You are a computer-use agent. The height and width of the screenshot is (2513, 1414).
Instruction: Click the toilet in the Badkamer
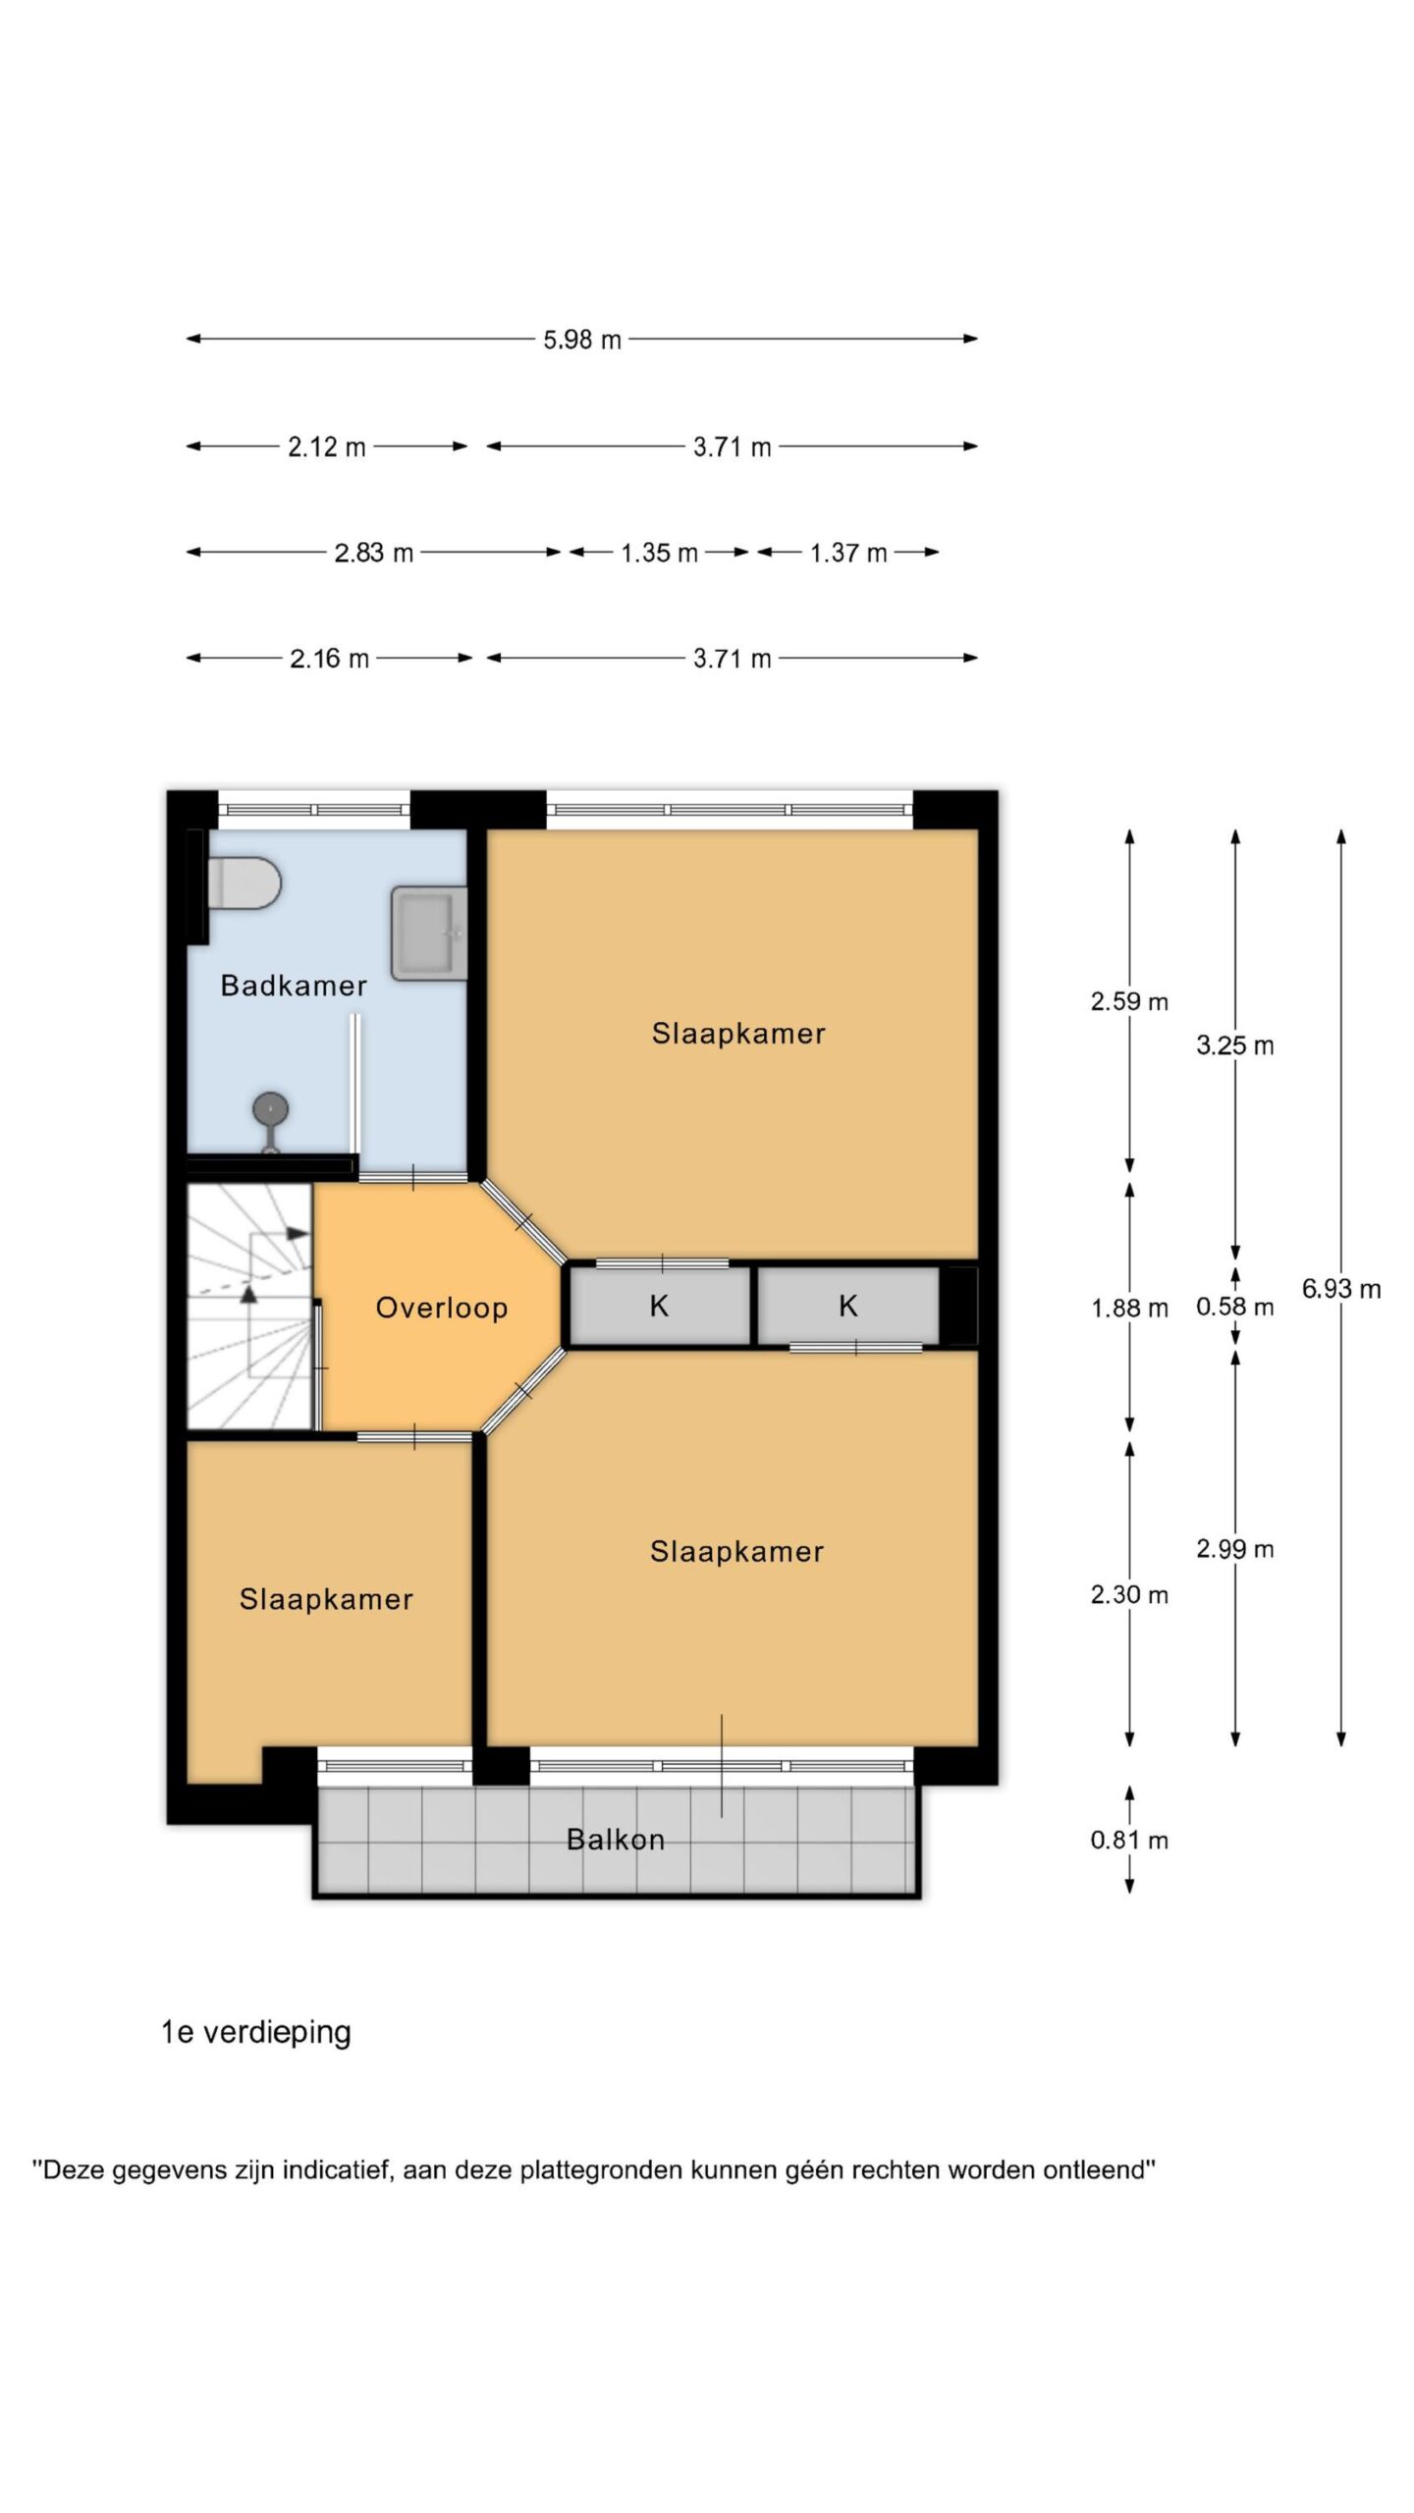pos(245,883)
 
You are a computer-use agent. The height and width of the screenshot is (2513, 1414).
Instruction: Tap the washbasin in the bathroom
pos(429,934)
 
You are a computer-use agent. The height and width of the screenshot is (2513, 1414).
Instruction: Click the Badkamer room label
pos(294,986)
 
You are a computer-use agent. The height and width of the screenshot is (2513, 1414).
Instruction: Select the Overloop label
pos(442,1308)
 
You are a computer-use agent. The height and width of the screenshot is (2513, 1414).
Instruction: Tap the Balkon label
pos(616,1840)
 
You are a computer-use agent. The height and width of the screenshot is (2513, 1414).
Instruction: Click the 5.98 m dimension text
pos(582,340)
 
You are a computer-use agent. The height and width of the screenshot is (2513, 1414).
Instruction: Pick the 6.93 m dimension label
pos(1341,1289)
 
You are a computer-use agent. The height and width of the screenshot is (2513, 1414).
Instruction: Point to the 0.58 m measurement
pos(1235,1307)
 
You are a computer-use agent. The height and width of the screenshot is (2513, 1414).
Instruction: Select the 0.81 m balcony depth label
pos(1129,1840)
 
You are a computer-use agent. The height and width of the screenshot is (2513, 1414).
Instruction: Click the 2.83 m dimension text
pos(374,553)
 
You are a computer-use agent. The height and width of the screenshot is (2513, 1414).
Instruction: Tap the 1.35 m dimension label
pos(659,553)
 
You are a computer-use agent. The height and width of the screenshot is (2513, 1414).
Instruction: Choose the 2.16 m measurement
pos(329,659)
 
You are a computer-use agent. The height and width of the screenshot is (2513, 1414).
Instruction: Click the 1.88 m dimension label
pos(1129,1309)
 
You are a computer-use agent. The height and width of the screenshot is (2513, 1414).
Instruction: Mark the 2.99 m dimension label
pos(1235,1549)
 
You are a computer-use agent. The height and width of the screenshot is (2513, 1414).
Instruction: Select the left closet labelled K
pos(660,1306)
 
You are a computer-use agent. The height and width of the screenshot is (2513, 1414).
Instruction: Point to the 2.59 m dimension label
pos(1129,1002)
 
